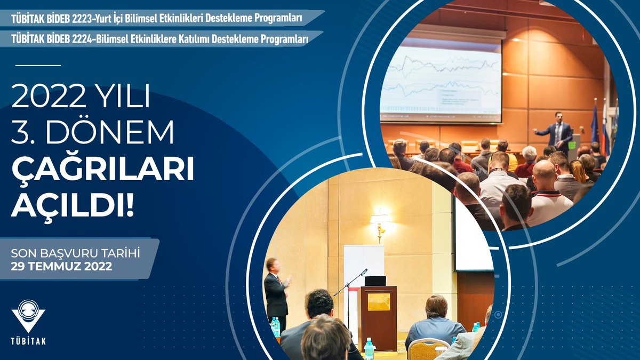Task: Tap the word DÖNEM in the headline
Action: click(109, 133)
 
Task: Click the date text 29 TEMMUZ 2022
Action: click(61, 267)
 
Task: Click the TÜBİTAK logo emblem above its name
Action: click(28, 315)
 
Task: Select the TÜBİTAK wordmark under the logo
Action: click(29, 341)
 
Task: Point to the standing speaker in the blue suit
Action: click(556, 132)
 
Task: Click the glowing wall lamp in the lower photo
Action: click(380, 220)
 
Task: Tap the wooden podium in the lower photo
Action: click(378, 317)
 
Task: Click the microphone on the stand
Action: click(364, 272)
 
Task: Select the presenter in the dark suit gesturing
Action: click(276, 291)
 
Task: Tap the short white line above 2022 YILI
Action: click(38, 65)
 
